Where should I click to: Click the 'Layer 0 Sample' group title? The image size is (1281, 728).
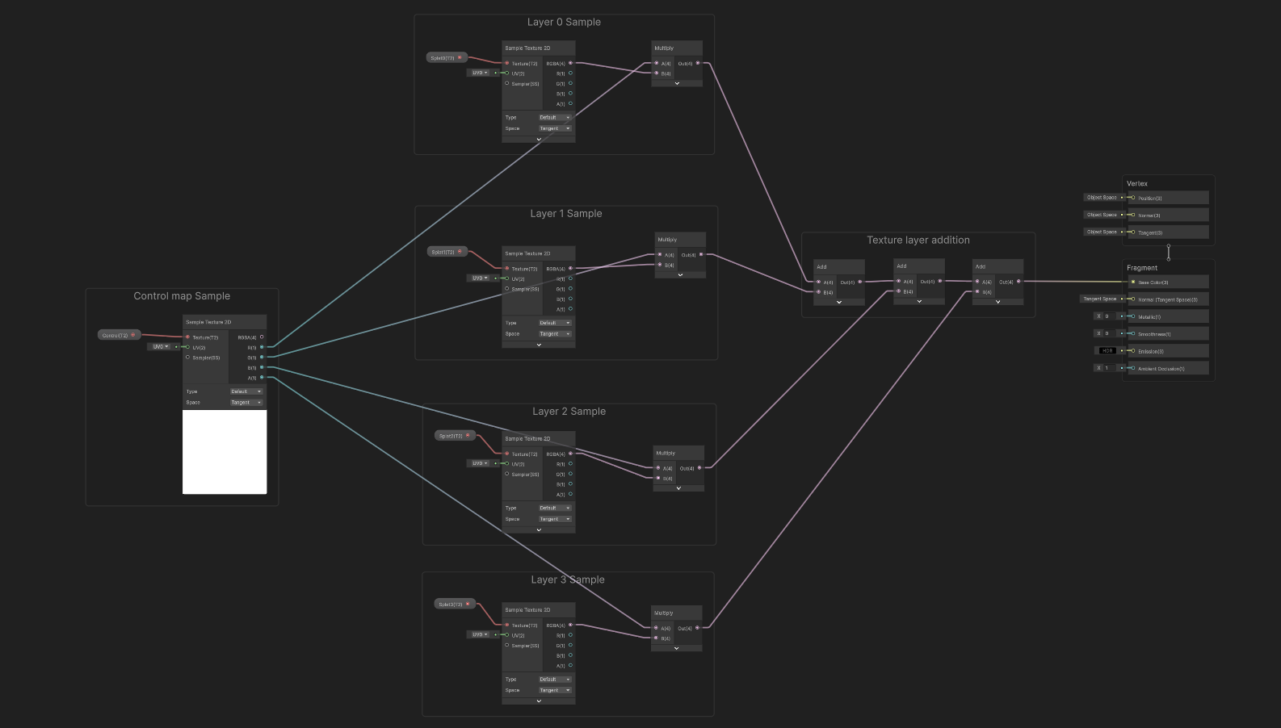(x=564, y=23)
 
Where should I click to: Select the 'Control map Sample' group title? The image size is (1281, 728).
(x=182, y=296)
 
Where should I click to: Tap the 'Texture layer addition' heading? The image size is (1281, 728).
(x=918, y=241)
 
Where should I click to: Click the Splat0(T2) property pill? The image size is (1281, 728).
(x=446, y=58)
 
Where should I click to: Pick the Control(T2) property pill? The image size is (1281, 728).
(x=118, y=335)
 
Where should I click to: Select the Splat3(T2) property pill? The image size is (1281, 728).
(x=453, y=604)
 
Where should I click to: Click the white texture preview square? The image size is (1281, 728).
(x=225, y=452)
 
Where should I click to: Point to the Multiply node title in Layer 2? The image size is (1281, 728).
(x=666, y=454)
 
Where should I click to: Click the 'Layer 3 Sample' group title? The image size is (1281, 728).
(x=567, y=580)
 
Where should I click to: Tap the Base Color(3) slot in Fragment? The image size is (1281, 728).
(x=1167, y=282)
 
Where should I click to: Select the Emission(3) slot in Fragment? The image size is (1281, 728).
(x=1167, y=351)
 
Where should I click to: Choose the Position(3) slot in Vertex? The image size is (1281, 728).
(x=1167, y=198)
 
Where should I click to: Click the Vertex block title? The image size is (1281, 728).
(x=1137, y=184)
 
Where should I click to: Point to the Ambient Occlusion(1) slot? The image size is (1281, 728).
(x=1167, y=369)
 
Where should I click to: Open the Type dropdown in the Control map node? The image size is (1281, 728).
(x=246, y=391)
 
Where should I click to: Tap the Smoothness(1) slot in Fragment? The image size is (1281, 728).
(x=1167, y=334)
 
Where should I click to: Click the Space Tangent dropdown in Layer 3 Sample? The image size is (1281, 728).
(x=555, y=690)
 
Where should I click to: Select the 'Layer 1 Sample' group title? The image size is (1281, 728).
(x=565, y=214)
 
